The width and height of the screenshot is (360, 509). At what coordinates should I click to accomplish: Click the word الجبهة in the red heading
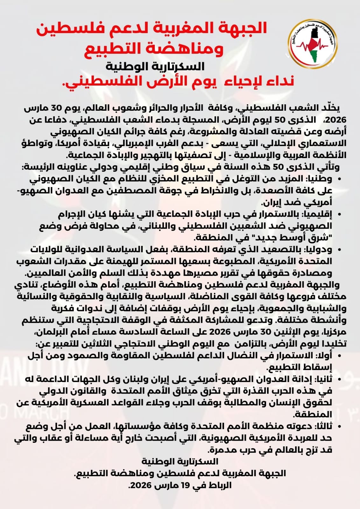click(241, 28)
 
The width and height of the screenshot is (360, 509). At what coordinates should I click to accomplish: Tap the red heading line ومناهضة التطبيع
click(155, 49)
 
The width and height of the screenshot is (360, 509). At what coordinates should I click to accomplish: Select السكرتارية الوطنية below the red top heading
click(155, 67)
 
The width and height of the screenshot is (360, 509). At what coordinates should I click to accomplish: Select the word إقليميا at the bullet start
click(318, 214)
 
